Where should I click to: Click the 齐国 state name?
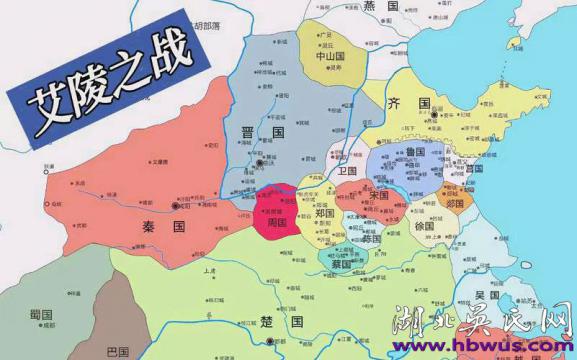[x=417, y=103]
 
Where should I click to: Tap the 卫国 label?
[x=347, y=172]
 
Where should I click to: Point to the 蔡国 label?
[x=341, y=265]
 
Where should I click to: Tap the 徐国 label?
[x=425, y=227]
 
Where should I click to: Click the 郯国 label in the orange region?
[x=455, y=203]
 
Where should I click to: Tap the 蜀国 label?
[x=41, y=314]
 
